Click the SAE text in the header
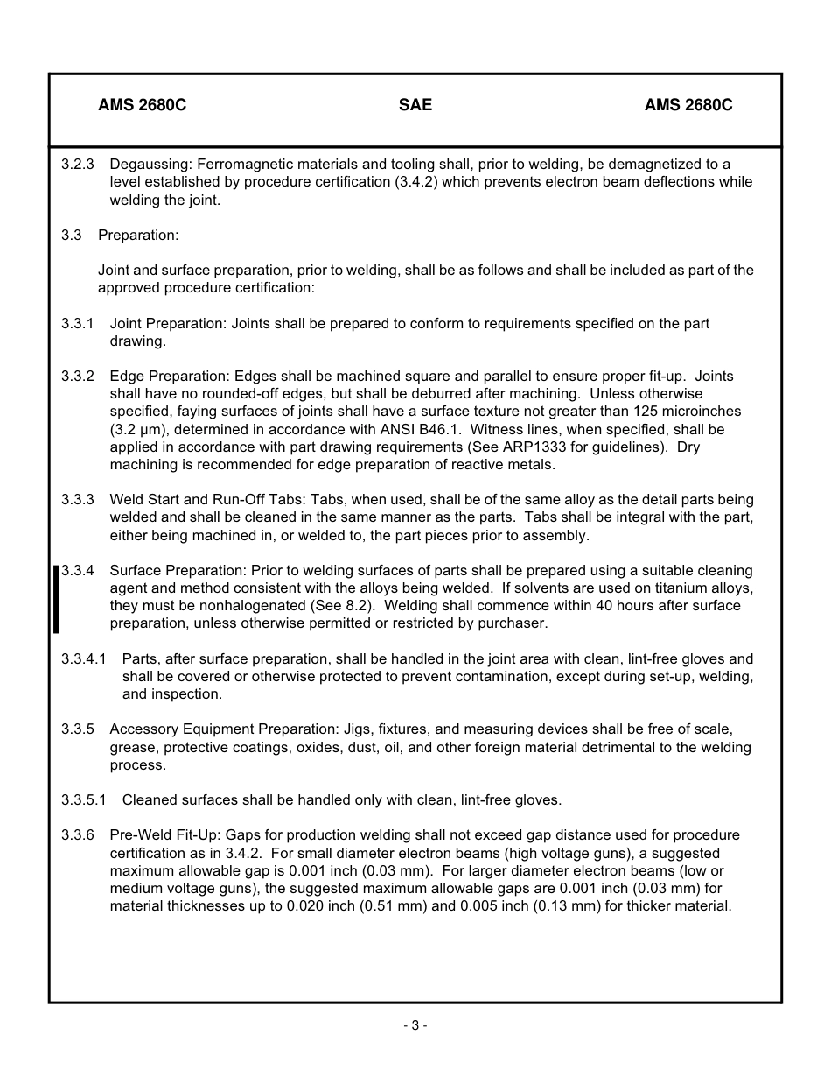click(415, 105)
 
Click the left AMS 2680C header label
click(142, 105)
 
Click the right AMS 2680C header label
click(688, 105)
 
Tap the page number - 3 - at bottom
click(415, 1025)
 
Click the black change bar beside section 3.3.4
click(57, 599)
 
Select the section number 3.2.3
click(78, 165)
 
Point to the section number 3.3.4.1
click(84, 659)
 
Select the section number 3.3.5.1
click(84, 800)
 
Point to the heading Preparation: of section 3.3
click(138, 236)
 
